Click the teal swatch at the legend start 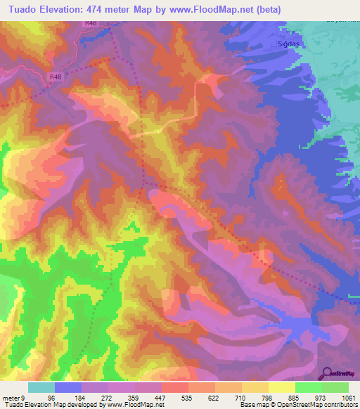pyautogui.click(x=41, y=387)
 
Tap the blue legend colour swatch pyautogui.click(x=68, y=387)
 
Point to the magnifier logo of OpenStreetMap pyautogui.click(x=326, y=372)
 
